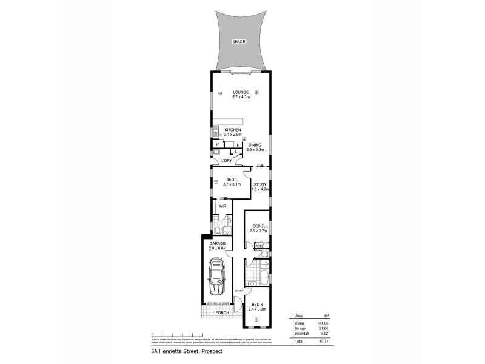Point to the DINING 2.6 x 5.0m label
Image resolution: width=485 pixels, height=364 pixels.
255,147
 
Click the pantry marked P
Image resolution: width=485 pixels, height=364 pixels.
217,144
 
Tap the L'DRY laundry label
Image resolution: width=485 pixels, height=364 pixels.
226,160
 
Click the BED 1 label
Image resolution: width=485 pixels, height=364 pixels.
231,181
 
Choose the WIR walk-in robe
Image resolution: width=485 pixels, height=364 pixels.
222,207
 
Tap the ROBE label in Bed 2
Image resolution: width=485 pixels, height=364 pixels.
259,246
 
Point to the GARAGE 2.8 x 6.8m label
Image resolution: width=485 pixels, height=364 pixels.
217,246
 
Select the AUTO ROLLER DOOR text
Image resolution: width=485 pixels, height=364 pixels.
217,303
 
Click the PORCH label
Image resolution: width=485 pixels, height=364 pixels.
222,312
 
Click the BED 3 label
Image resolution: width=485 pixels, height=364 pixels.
257,307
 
